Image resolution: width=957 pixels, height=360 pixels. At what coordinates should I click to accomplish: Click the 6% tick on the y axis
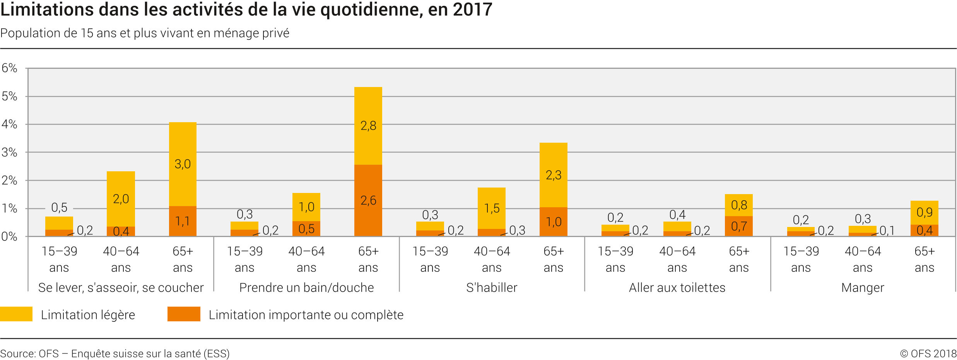point(10,68)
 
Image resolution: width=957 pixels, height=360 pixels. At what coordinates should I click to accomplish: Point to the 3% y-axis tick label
point(10,152)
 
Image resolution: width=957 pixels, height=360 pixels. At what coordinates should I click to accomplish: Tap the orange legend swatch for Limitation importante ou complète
point(184,314)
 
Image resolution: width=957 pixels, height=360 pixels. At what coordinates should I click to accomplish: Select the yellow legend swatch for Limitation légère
point(16,314)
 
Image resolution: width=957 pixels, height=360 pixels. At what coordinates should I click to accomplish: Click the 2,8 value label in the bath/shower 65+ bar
point(368,126)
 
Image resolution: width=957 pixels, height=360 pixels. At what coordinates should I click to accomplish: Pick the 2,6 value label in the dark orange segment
point(368,200)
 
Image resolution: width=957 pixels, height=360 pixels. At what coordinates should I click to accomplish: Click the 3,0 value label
point(183,164)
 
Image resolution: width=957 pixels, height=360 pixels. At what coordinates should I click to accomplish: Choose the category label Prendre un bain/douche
point(306,288)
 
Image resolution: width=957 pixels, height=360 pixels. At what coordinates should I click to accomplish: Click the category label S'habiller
point(492,288)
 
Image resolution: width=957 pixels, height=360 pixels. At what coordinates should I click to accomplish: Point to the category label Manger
point(863,288)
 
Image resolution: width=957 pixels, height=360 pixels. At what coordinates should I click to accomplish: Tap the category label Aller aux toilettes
point(677,288)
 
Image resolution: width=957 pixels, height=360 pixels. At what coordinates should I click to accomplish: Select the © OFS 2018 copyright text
point(928,353)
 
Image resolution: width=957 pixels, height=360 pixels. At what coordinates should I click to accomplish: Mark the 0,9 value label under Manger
point(925,212)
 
